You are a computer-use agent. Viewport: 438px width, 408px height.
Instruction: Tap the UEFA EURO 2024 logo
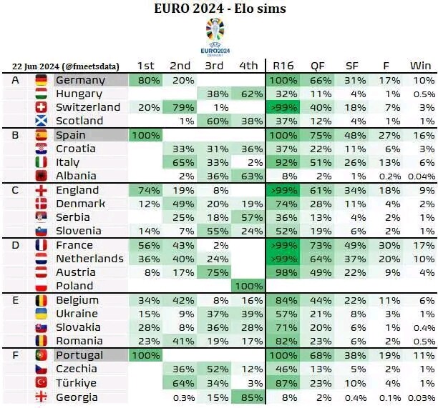215,36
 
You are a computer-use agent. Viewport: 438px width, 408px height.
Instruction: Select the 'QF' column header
317,66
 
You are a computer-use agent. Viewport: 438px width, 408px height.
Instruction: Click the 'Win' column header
420,66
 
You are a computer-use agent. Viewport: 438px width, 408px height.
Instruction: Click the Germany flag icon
42,80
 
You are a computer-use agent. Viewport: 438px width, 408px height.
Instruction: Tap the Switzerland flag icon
42,107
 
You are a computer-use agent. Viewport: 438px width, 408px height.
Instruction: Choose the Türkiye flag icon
42,382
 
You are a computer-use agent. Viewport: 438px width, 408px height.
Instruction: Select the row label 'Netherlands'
89,259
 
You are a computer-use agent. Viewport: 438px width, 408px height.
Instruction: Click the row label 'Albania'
77,176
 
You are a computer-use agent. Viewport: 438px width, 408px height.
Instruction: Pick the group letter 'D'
16,245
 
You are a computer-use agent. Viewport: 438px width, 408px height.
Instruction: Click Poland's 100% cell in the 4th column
248,286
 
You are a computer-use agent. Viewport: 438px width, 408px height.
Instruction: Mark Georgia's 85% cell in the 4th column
248,396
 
